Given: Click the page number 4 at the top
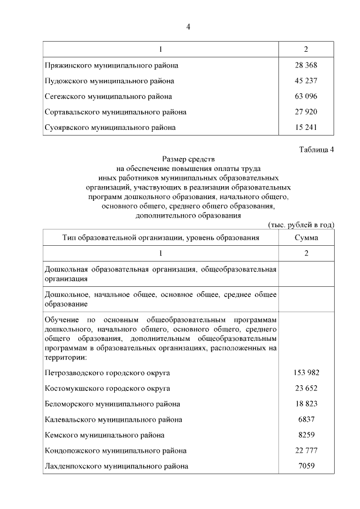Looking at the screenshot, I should click(188, 27).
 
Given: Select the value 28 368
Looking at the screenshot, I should click(306, 65).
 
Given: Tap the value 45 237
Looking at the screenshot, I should click(306, 81).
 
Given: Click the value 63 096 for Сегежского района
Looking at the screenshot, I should click(306, 97).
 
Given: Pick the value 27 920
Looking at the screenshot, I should click(306, 112).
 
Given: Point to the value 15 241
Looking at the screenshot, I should click(306, 128).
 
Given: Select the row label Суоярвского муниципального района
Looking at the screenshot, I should click(110, 128).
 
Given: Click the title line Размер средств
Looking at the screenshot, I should click(188, 159).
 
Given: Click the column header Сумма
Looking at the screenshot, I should click(306, 238).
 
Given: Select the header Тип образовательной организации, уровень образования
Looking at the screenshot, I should click(160, 238).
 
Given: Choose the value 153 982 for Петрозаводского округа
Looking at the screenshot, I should click(306, 373).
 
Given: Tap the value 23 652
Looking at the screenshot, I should click(306, 389).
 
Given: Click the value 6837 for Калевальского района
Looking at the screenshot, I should click(306, 420).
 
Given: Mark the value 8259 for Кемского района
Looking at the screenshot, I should click(306, 435).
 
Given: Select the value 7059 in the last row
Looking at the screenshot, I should click(306, 466).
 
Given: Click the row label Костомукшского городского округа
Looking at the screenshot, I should click(107, 389).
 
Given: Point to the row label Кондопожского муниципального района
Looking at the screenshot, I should click(115, 451).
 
